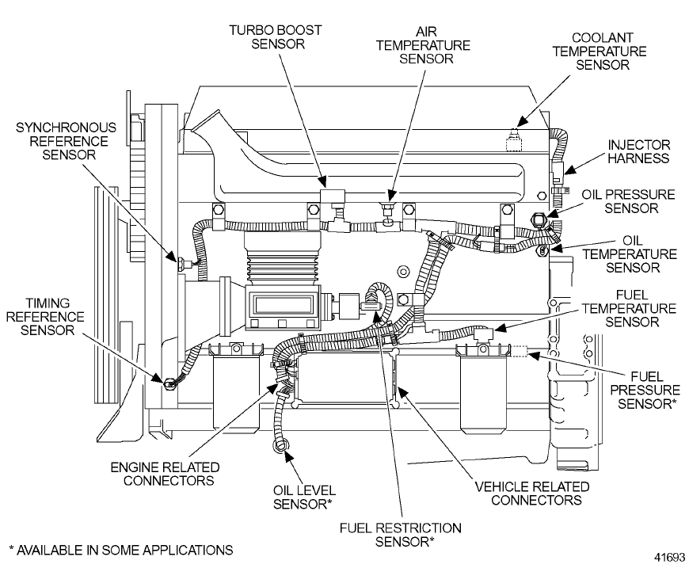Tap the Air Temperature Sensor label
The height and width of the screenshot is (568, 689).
(427, 44)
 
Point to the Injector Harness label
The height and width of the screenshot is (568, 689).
(638, 151)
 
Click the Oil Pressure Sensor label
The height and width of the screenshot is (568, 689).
(629, 201)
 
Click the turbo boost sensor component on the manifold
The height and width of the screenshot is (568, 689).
(331, 197)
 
